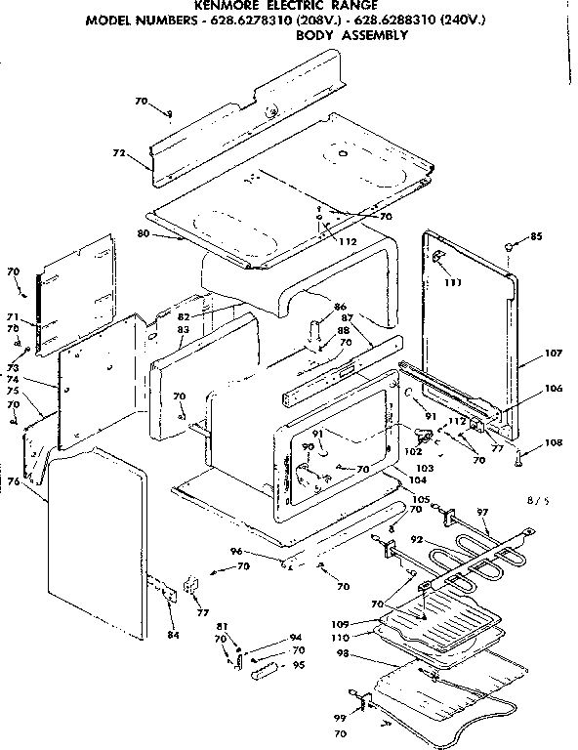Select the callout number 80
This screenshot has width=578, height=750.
pos(143,233)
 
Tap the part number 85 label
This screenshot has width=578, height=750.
pos(536,236)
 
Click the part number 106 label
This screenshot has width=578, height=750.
pos(527,388)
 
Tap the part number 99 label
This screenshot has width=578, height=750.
pos(341,716)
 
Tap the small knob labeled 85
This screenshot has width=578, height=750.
pos(510,248)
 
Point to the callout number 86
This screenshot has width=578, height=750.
pos(340,307)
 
